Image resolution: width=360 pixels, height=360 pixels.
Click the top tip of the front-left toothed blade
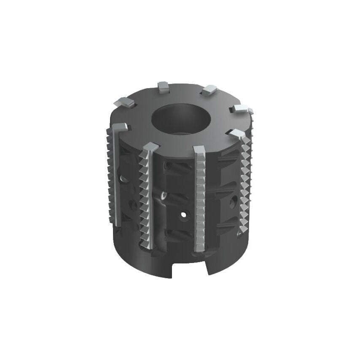151,147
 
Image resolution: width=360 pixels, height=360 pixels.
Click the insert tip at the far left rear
124,102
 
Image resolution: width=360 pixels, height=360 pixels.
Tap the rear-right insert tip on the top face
209,89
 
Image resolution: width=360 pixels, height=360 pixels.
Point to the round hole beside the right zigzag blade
233,202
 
